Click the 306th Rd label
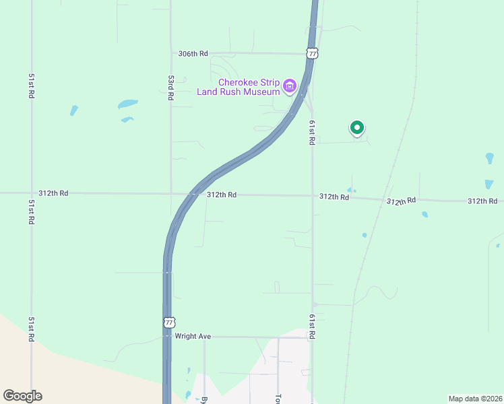(193, 53)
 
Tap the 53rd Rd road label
(171, 88)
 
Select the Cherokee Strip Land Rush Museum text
(238, 87)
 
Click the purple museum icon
(290, 86)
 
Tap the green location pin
(357, 127)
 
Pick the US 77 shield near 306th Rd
(311, 53)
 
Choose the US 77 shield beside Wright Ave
(169, 323)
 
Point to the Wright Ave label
(193, 336)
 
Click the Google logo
(22, 395)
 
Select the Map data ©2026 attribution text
(474, 399)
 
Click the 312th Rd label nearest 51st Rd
(54, 193)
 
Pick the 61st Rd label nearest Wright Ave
(312, 326)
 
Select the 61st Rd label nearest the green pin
(312, 133)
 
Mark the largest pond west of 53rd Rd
(127, 104)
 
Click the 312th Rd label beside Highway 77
(222, 195)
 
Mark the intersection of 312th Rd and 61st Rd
(312, 196)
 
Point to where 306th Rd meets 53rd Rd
(171, 53)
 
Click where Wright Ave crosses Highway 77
(166, 336)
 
